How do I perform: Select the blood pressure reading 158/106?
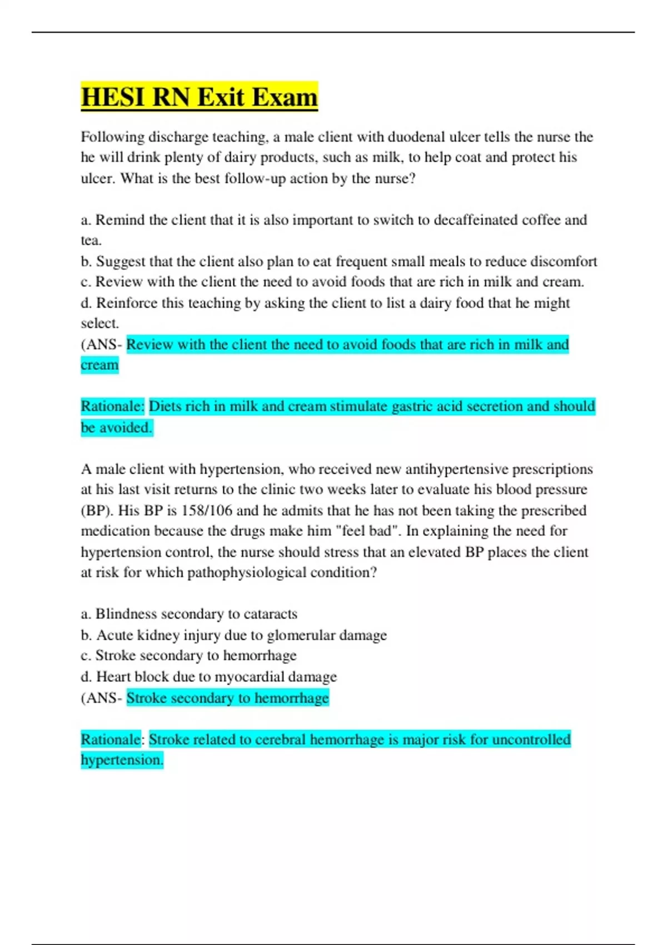[207, 510]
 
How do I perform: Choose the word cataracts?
[271, 614]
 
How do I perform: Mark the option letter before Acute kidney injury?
[86, 635]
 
